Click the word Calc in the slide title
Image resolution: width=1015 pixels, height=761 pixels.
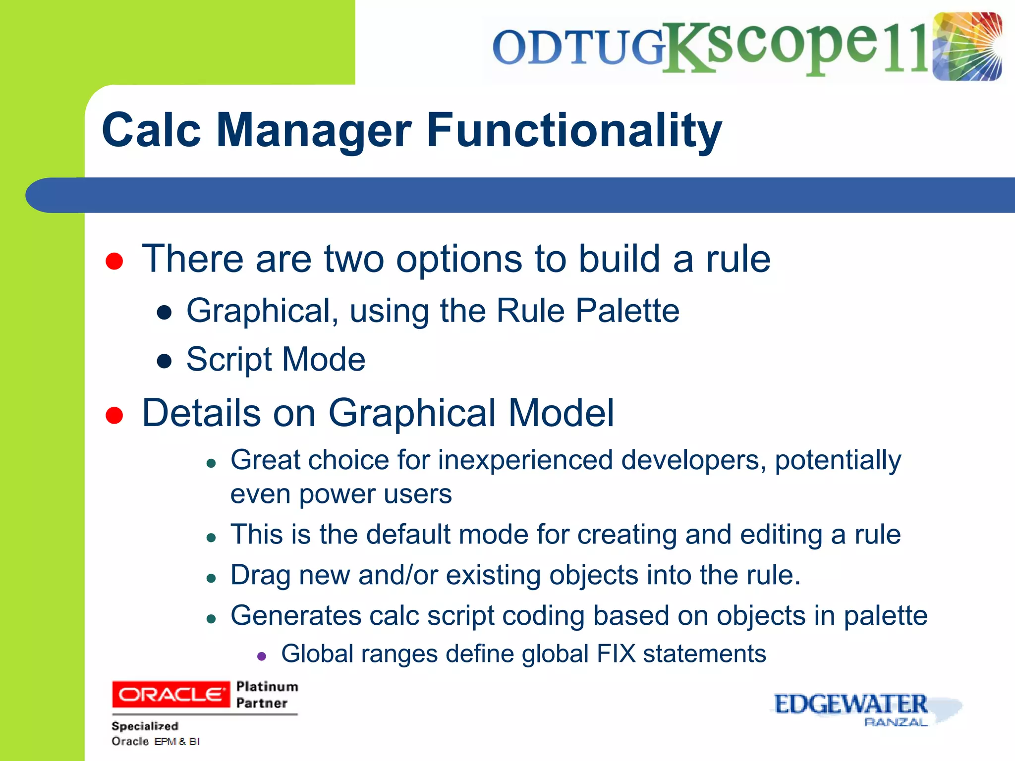pos(151,130)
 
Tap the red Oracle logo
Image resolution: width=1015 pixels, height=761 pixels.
pos(171,694)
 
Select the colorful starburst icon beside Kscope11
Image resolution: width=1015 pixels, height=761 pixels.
pos(967,47)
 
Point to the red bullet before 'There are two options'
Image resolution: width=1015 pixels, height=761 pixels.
pos(114,261)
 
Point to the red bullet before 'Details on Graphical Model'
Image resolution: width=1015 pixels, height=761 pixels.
pos(114,415)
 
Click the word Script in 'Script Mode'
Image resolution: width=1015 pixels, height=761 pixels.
pos(229,360)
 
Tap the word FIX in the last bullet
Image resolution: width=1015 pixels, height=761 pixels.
pos(616,653)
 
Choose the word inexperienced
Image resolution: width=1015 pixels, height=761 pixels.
pos(525,460)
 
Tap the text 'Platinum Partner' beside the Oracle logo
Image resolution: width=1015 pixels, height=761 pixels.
pos(267,694)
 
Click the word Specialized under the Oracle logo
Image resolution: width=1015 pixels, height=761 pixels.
pos(145,726)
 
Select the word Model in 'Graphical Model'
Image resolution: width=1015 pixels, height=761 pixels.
pos(561,413)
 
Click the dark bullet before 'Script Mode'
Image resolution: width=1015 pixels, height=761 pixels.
pos(164,361)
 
